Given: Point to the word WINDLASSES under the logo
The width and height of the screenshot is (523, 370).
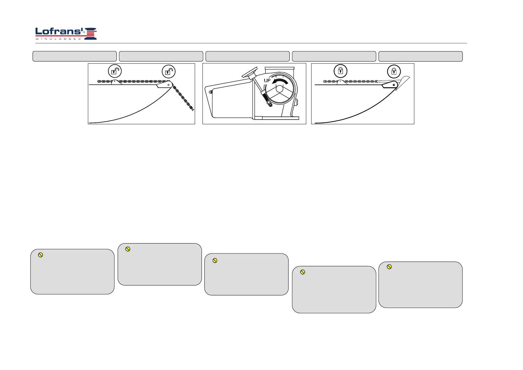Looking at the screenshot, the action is (x=58, y=39).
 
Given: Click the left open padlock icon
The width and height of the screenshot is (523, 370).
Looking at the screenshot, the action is (x=115, y=71).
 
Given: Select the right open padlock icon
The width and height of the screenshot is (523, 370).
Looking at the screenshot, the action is (x=169, y=72).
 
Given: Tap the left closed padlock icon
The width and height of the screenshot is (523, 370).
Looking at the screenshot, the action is (x=340, y=71).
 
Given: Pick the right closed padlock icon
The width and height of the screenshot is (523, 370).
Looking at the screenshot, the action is (x=394, y=71).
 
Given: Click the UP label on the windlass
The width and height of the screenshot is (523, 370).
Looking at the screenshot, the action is (x=267, y=80).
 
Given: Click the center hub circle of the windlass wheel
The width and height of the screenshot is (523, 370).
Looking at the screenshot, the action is (x=280, y=89).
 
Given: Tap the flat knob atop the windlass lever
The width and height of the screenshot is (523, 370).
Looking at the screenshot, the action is (x=250, y=72).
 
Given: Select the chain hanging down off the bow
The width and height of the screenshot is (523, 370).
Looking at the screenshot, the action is (x=184, y=100).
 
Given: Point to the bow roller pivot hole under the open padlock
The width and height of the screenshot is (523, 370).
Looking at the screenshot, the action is (x=169, y=84).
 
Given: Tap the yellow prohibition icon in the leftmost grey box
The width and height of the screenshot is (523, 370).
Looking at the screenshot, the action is (x=40, y=255).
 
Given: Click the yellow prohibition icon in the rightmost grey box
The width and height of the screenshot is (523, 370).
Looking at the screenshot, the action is (x=389, y=267).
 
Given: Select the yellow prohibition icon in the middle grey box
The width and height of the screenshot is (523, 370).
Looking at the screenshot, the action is (x=215, y=260).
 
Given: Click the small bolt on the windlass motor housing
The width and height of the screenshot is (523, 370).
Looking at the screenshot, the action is (x=211, y=92).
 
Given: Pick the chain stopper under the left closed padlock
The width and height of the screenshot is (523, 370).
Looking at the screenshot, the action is (x=342, y=82).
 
